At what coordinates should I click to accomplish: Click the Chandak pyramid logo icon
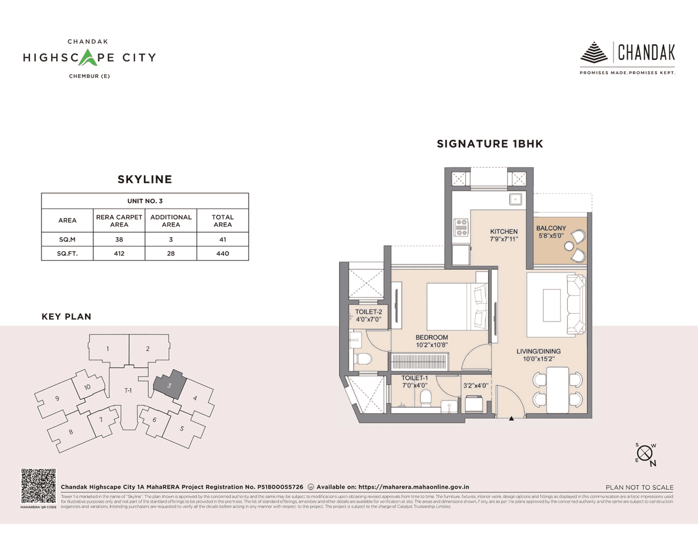(594, 52)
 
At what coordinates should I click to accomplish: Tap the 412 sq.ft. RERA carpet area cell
(119, 253)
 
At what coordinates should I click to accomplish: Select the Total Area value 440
(222, 253)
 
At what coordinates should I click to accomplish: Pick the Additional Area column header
(171, 221)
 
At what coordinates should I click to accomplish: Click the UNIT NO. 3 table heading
(145, 201)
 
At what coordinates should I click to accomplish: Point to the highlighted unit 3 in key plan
(169, 385)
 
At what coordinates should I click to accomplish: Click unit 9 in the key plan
(57, 398)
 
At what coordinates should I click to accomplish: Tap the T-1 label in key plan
(128, 390)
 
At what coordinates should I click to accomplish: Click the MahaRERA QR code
(38, 486)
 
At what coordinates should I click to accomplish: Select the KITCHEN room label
(504, 232)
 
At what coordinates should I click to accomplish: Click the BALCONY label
(551, 228)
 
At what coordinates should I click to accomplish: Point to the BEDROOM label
(431, 338)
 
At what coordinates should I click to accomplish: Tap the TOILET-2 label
(369, 312)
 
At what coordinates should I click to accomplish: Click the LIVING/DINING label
(538, 352)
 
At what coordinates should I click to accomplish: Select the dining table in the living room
(557, 390)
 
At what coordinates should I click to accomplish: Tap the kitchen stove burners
(461, 227)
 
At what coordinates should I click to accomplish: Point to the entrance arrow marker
(512, 419)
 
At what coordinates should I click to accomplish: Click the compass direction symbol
(645, 452)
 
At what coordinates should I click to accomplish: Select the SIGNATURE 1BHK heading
(490, 144)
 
